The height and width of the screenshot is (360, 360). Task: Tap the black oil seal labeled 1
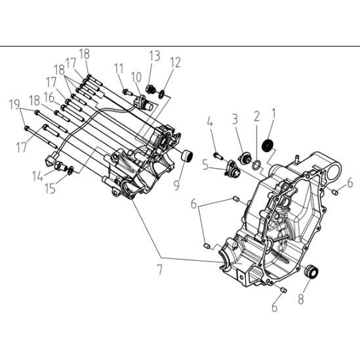(268, 146)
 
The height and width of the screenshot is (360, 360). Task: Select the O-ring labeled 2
(256, 165)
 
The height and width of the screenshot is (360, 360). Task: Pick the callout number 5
(205, 165)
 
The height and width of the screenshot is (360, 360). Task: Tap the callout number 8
(301, 299)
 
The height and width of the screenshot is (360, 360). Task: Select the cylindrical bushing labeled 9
(187, 155)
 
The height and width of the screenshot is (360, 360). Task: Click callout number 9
(176, 185)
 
